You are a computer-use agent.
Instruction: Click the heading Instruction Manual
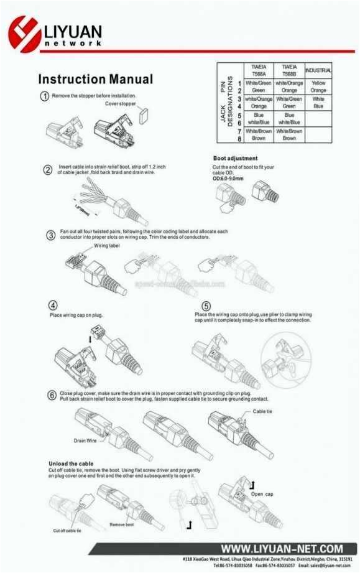tap(95, 80)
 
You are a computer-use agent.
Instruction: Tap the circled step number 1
tap(45, 96)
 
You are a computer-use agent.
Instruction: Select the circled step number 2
tap(48, 170)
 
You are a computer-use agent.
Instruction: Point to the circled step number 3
tap(52, 235)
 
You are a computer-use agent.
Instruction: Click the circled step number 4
tap(54, 305)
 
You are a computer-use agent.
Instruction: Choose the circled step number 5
tap(206, 306)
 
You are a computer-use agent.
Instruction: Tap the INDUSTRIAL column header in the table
tap(318, 70)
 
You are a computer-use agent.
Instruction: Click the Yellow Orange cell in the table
tap(318, 86)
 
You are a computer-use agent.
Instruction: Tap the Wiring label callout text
tap(106, 246)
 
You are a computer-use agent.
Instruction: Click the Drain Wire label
tap(85, 440)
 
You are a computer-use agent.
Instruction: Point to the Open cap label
tap(262, 494)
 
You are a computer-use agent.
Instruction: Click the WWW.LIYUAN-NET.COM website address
tap(282, 548)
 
